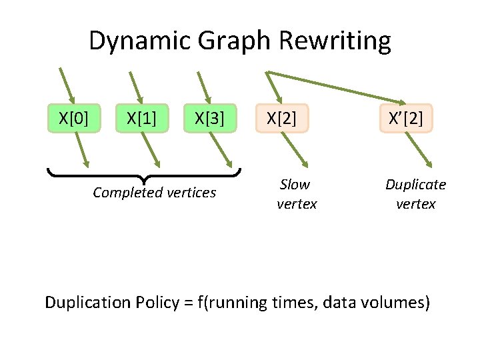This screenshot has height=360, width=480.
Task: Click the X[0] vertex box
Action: coord(73,119)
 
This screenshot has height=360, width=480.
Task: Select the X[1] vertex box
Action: coord(142,119)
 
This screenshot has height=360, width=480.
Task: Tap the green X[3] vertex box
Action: coord(209,119)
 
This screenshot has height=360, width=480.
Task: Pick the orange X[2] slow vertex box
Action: coord(282,119)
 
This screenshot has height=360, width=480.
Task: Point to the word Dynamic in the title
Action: coord(131,41)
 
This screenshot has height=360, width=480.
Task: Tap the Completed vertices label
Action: coord(155,193)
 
